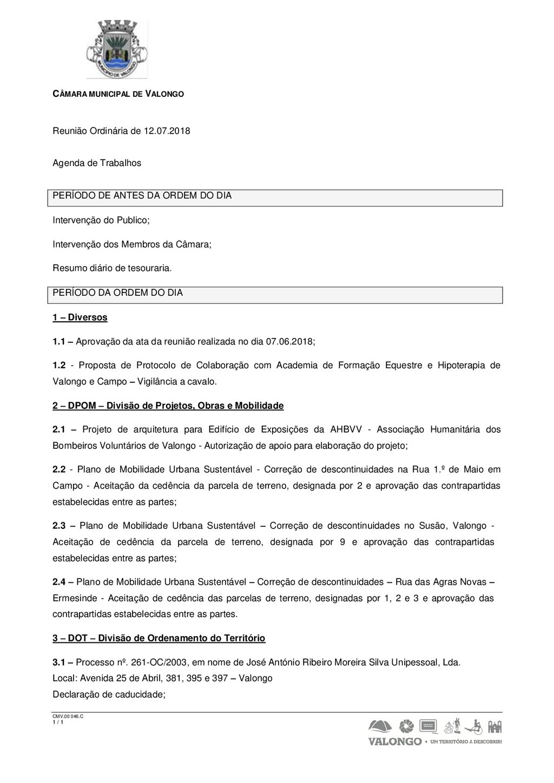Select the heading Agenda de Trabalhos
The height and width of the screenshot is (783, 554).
[97, 163]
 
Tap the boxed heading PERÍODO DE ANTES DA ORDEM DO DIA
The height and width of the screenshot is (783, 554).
[142, 196]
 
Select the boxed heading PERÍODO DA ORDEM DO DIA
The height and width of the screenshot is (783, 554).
[118, 293]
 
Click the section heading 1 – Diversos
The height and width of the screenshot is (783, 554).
[80, 317]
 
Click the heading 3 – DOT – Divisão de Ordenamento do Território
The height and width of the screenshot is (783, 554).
[159, 638]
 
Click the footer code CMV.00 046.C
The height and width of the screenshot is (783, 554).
[68, 716]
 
